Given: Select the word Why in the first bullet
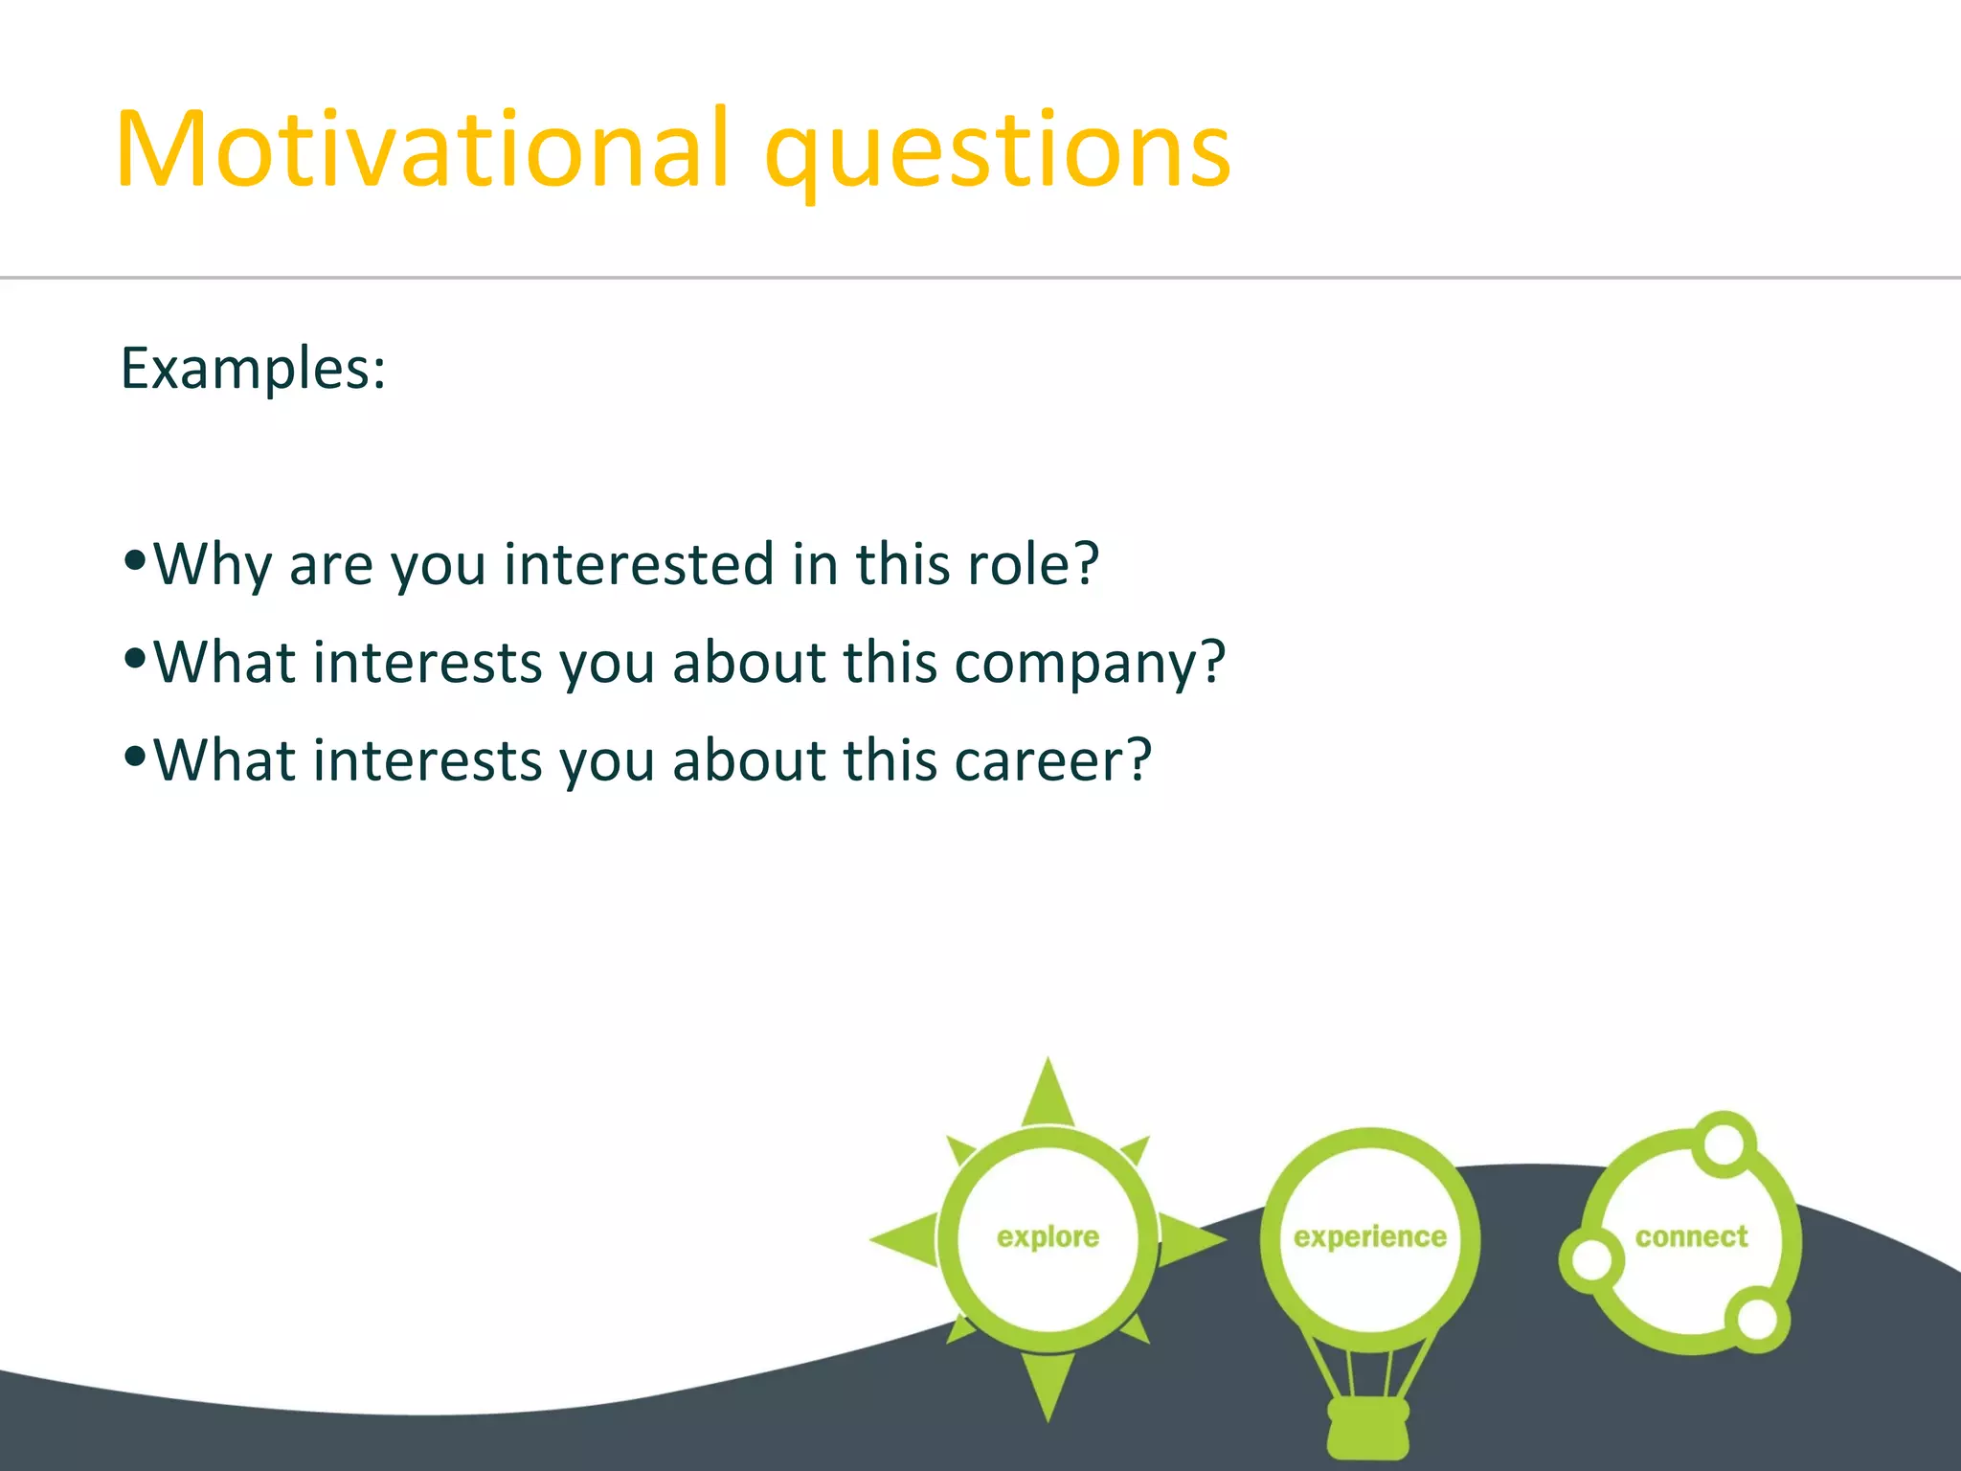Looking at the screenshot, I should [x=213, y=565].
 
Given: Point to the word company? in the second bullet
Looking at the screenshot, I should [x=1090, y=664].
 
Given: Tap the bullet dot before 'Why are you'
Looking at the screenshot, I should [x=135, y=559].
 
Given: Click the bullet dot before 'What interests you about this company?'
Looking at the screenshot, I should [x=135, y=658].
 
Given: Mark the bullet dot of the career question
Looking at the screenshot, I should [x=135, y=757].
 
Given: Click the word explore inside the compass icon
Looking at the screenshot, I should [x=1048, y=1236].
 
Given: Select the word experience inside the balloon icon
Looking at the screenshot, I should [x=1369, y=1236].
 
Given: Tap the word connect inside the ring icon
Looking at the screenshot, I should [x=1691, y=1236].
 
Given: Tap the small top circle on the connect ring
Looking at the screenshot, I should [x=1724, y=1143].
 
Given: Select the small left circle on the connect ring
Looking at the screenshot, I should [x=1590, y=1260].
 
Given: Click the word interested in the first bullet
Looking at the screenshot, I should [x=638, y=564].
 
